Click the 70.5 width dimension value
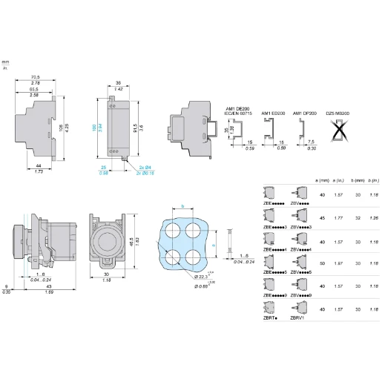click(x=36, y=76)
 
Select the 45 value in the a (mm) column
click(x=322, y=219)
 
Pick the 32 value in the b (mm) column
click(x=358, y=219)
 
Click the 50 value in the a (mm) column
click(x=322, y=263)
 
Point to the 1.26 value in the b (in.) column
click(x=375, y=219)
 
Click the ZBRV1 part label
click(x=298, y=317)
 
